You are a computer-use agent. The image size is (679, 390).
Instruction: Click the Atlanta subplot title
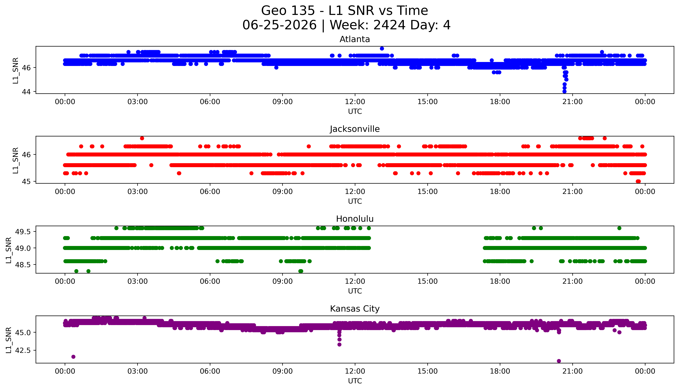tap(355, 39)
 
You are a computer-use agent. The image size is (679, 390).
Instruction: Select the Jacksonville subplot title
tap(355, 129)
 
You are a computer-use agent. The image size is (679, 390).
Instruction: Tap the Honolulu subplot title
tap(355, 219)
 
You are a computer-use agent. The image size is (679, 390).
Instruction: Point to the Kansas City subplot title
tap(355, 309)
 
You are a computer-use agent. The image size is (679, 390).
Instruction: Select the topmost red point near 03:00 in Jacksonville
tap(142, 138)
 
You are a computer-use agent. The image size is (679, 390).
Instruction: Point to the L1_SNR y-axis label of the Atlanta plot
tap(16, 70)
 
